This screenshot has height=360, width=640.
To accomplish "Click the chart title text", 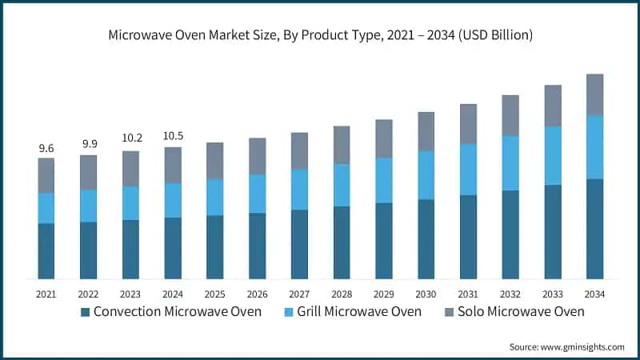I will (320, 35).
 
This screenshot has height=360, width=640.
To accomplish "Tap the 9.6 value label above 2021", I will (46, 148).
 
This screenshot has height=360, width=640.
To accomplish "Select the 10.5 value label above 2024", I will (173, 137).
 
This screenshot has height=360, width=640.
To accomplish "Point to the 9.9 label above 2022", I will (89, 144).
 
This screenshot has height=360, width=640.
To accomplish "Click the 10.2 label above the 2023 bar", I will (131, 140).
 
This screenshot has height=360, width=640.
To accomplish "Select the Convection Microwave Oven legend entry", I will (177, 311).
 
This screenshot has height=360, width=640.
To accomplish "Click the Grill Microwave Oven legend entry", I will (359, 311).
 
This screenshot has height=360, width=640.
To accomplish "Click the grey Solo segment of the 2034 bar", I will (594, 94).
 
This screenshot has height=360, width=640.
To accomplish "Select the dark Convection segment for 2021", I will (46, 251).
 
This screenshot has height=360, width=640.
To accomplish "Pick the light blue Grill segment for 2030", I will (426, 174).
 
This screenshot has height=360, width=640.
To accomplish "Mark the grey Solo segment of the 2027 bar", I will (299, 150).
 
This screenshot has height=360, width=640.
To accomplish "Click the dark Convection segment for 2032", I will (510, 234).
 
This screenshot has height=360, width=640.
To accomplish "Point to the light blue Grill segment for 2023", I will (131, 203).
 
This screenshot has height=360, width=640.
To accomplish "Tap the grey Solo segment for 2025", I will (215, 161).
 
